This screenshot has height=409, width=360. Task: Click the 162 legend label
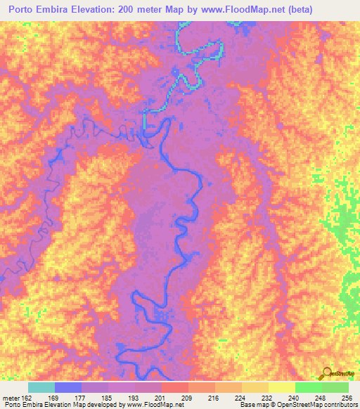click(x=27, y=398)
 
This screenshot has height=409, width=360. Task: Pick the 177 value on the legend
click(x=82, y=398)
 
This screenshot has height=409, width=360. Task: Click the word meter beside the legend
click(x=11, y=398)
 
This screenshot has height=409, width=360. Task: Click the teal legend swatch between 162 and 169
click(x=41, y=388)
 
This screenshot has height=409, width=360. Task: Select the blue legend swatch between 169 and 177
click(x=67, y=388)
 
